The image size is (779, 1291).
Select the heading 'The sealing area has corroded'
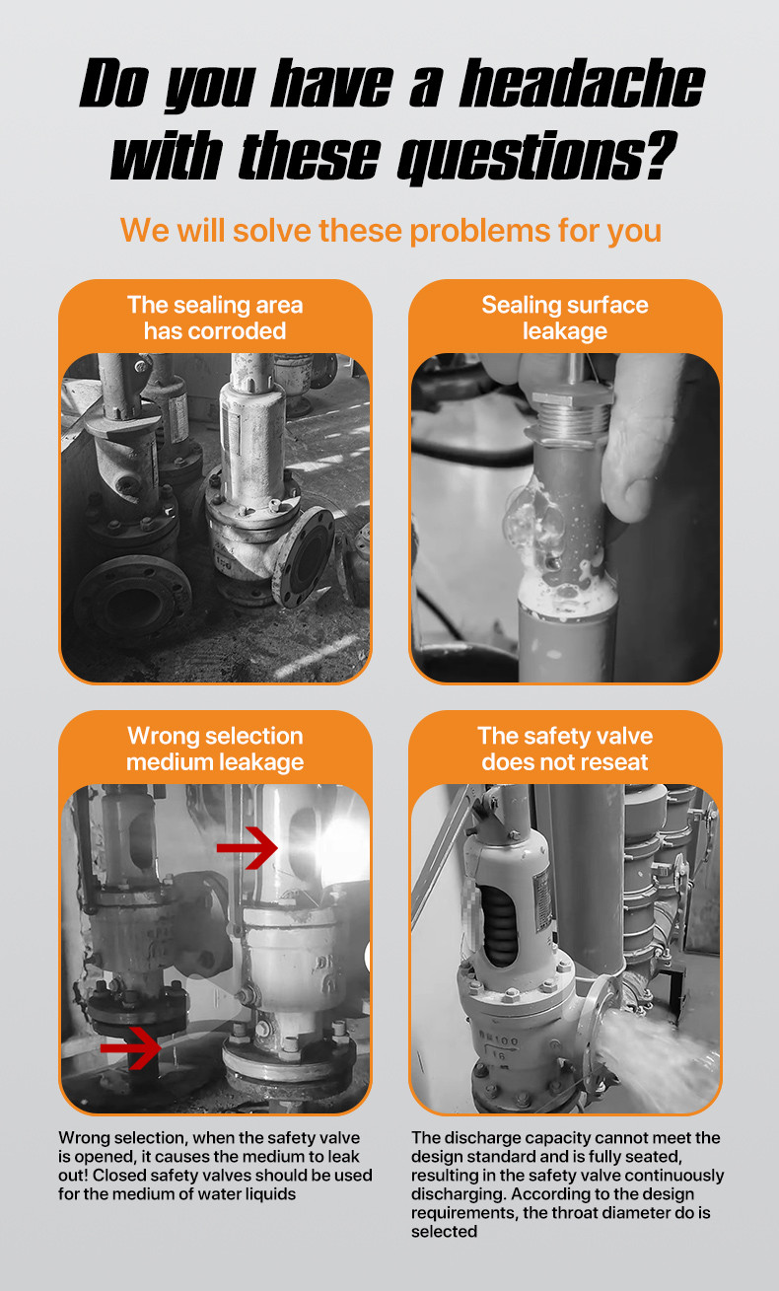(215, 318)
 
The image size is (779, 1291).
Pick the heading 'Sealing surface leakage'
(565, 318)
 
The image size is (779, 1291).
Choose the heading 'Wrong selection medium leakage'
(215, 749)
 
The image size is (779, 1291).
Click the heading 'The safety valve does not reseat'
(565, 749)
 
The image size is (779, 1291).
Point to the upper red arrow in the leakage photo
(248, 847)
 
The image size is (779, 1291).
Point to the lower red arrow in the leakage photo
(132, 1046)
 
